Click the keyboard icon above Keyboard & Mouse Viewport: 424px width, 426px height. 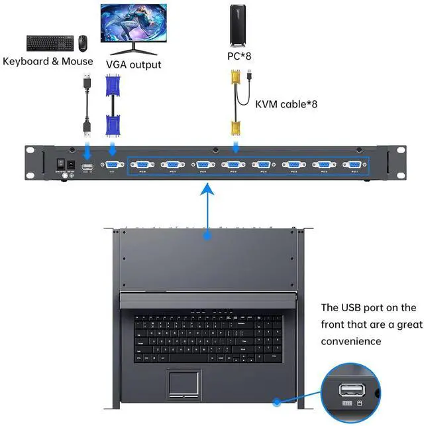pos(50,42)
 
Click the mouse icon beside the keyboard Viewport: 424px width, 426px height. pos(83,43)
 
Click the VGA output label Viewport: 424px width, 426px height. pos(133,64)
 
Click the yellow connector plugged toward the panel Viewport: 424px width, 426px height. pos(234,127)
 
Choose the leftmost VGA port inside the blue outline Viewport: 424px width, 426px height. pos(142,165)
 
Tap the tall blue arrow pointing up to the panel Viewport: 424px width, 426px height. pos(209,212)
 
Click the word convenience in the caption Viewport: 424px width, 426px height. pos(351,341)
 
